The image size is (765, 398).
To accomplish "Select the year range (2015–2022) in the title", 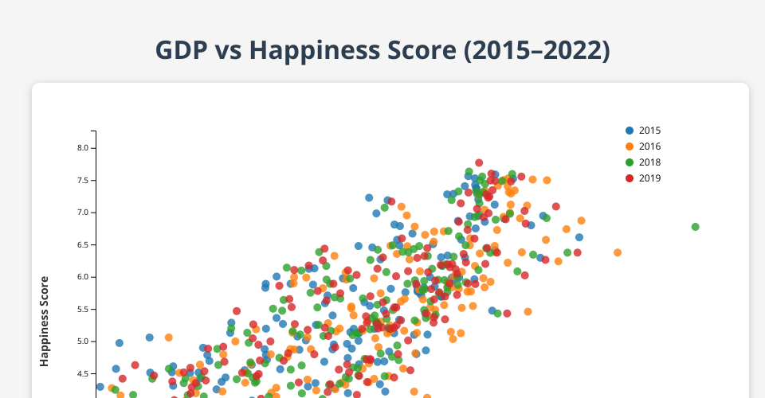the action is [x=536, y=51].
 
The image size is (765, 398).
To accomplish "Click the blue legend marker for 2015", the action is [x=630, y=131].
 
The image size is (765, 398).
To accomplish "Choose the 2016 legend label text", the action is [x=650, y=146].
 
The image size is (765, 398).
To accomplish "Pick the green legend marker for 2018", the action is [x=630, y=162].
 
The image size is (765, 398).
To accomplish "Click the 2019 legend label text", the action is [x=650, y=178].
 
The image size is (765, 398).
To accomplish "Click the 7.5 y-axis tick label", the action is [x=83, y=180].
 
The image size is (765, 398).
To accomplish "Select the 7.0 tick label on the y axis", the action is [x=83, y=213].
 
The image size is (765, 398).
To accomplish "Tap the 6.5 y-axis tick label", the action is [x=83, y=244].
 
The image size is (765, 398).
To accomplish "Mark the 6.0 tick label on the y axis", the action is [x=83, y=277].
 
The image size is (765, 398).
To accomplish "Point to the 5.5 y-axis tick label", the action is [x=83, y=310].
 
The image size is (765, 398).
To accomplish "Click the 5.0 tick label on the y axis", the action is [x=83, y=341].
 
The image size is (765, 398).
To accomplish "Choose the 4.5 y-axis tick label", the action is [x=83, y=373].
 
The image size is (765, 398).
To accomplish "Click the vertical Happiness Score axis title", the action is [x=45, y=321].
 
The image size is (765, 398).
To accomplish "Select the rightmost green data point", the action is [x=695, y=227].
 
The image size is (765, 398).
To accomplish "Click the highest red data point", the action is [x=479, y=162].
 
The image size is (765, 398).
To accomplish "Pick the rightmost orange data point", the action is [x=618, y=252].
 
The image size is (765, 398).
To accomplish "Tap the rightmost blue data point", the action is [x=579, y=237].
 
